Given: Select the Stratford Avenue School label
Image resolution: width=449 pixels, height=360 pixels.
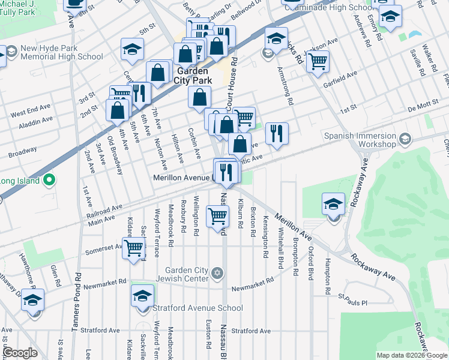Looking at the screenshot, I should [x=198, y=308].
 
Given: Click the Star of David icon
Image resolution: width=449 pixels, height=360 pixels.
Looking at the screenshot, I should [x=217, y=274].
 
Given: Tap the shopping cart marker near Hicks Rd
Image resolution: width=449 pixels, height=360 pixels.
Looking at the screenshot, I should [x=317, y=61].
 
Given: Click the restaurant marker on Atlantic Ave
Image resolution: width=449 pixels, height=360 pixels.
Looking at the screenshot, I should [x=276, y=133].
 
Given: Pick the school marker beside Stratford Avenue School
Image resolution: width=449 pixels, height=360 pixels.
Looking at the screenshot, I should [x=142, y=296].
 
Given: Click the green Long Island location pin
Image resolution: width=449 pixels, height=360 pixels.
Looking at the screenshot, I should [x=50, y=180].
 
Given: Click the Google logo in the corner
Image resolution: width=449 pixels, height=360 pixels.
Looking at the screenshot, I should [x=20, y=353].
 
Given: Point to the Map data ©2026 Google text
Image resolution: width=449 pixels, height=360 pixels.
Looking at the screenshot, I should [x=412, y=355].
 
